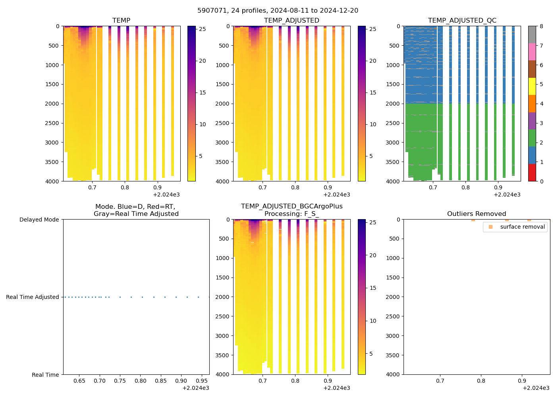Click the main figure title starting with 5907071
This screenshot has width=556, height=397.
pyautogui.click(x=278, y=11)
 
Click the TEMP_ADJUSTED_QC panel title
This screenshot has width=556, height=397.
pyautogui.click(x=462, y=21)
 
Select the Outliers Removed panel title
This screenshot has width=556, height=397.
pyautogui.click(x=477, y=214)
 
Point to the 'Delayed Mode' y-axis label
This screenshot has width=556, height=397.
pyautogui.click(x=39, y=220)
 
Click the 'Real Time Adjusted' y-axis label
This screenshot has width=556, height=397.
pyautogui.click(x=33, y=297)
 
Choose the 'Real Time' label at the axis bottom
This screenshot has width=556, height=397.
pyautogui.click(x=45, y=375)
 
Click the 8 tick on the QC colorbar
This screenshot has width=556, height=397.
pyautogui.click(x=541, y=27)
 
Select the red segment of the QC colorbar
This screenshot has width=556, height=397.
pyautogui.click(x=532, y=173)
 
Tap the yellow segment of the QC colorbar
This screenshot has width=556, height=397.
pyautogui.click(x=532, y=87)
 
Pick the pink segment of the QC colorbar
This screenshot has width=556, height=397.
pyautogui.click(x=532, y=52)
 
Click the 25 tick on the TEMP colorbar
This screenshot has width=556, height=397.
pyautogui.click(x=203, y=29)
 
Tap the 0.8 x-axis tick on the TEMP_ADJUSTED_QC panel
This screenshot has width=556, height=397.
pyautogui.click(x=465, y=188)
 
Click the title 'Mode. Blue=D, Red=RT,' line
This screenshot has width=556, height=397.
pyautogui.click(x=135, y=207)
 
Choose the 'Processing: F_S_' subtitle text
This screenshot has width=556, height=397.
pyautogui.click(x=292, y=214)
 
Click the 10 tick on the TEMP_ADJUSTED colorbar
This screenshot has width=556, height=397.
pyautogui.click(x=373, y=125)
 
